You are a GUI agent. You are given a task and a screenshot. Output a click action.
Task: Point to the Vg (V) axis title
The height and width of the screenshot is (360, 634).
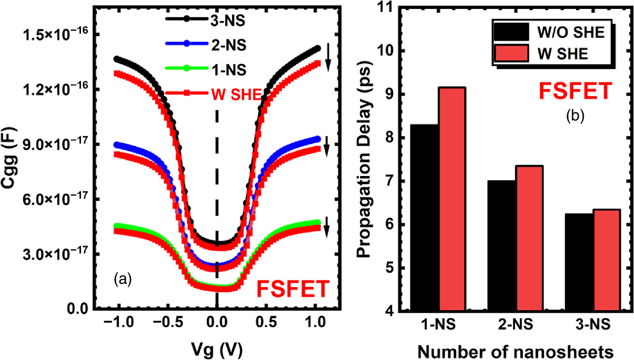point(217,349)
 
